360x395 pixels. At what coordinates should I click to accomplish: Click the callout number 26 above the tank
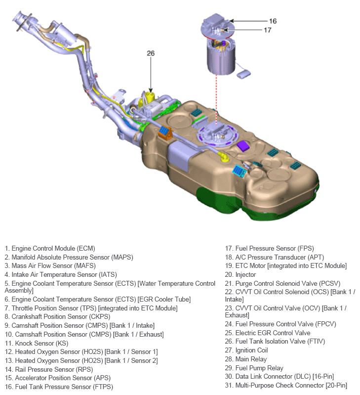point(151,53)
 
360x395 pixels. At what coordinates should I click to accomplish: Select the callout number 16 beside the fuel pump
point(273,21)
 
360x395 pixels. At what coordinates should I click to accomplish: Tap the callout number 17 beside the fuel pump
point(267,30)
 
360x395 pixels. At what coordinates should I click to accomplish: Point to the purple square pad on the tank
point(243,145)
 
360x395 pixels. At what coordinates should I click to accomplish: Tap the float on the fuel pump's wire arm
point(244,74)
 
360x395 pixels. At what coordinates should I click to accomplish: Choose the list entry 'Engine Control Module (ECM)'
point(49,248)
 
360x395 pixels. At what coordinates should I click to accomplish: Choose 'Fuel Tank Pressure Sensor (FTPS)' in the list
point(59,387)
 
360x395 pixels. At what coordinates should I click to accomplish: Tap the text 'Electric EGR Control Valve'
point(268,333)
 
